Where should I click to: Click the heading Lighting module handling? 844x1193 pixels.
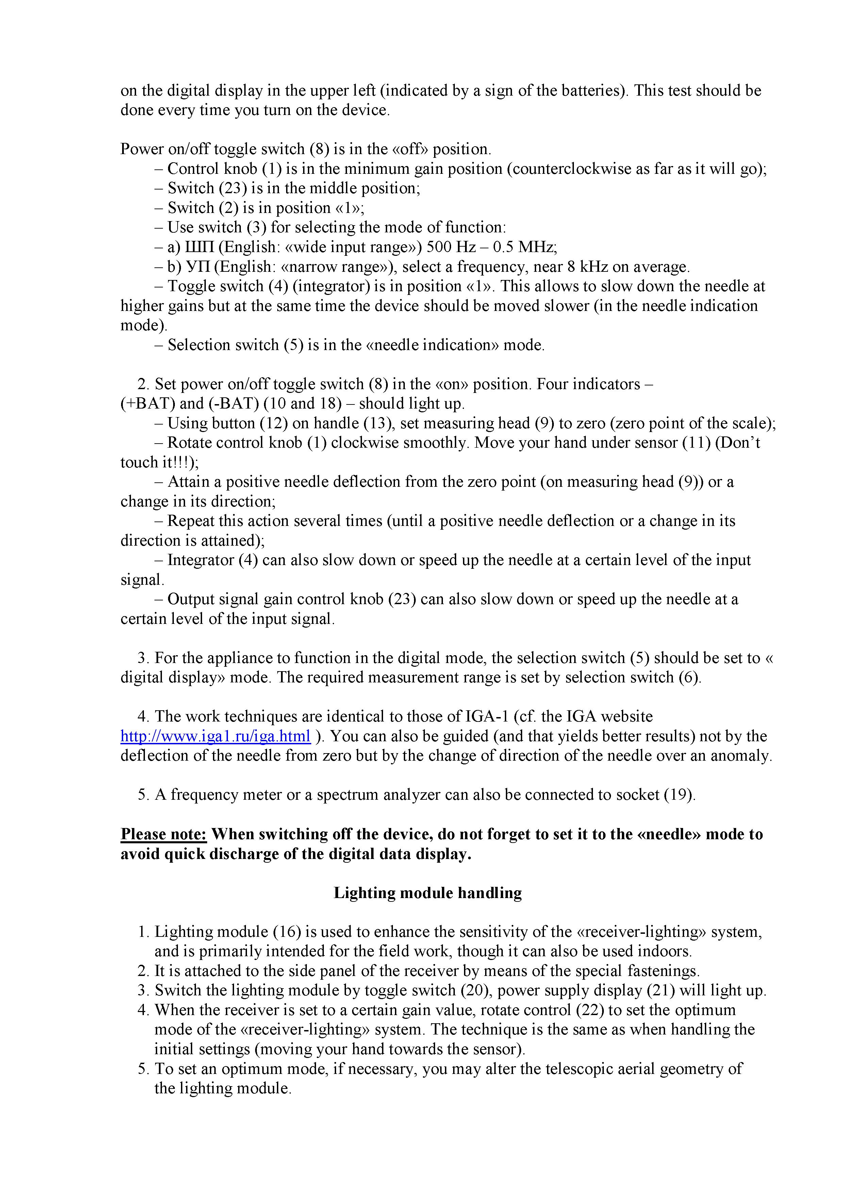click(427, 893)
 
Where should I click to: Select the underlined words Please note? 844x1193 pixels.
click(164, 834)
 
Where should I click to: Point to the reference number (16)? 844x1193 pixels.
click(287, 932)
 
